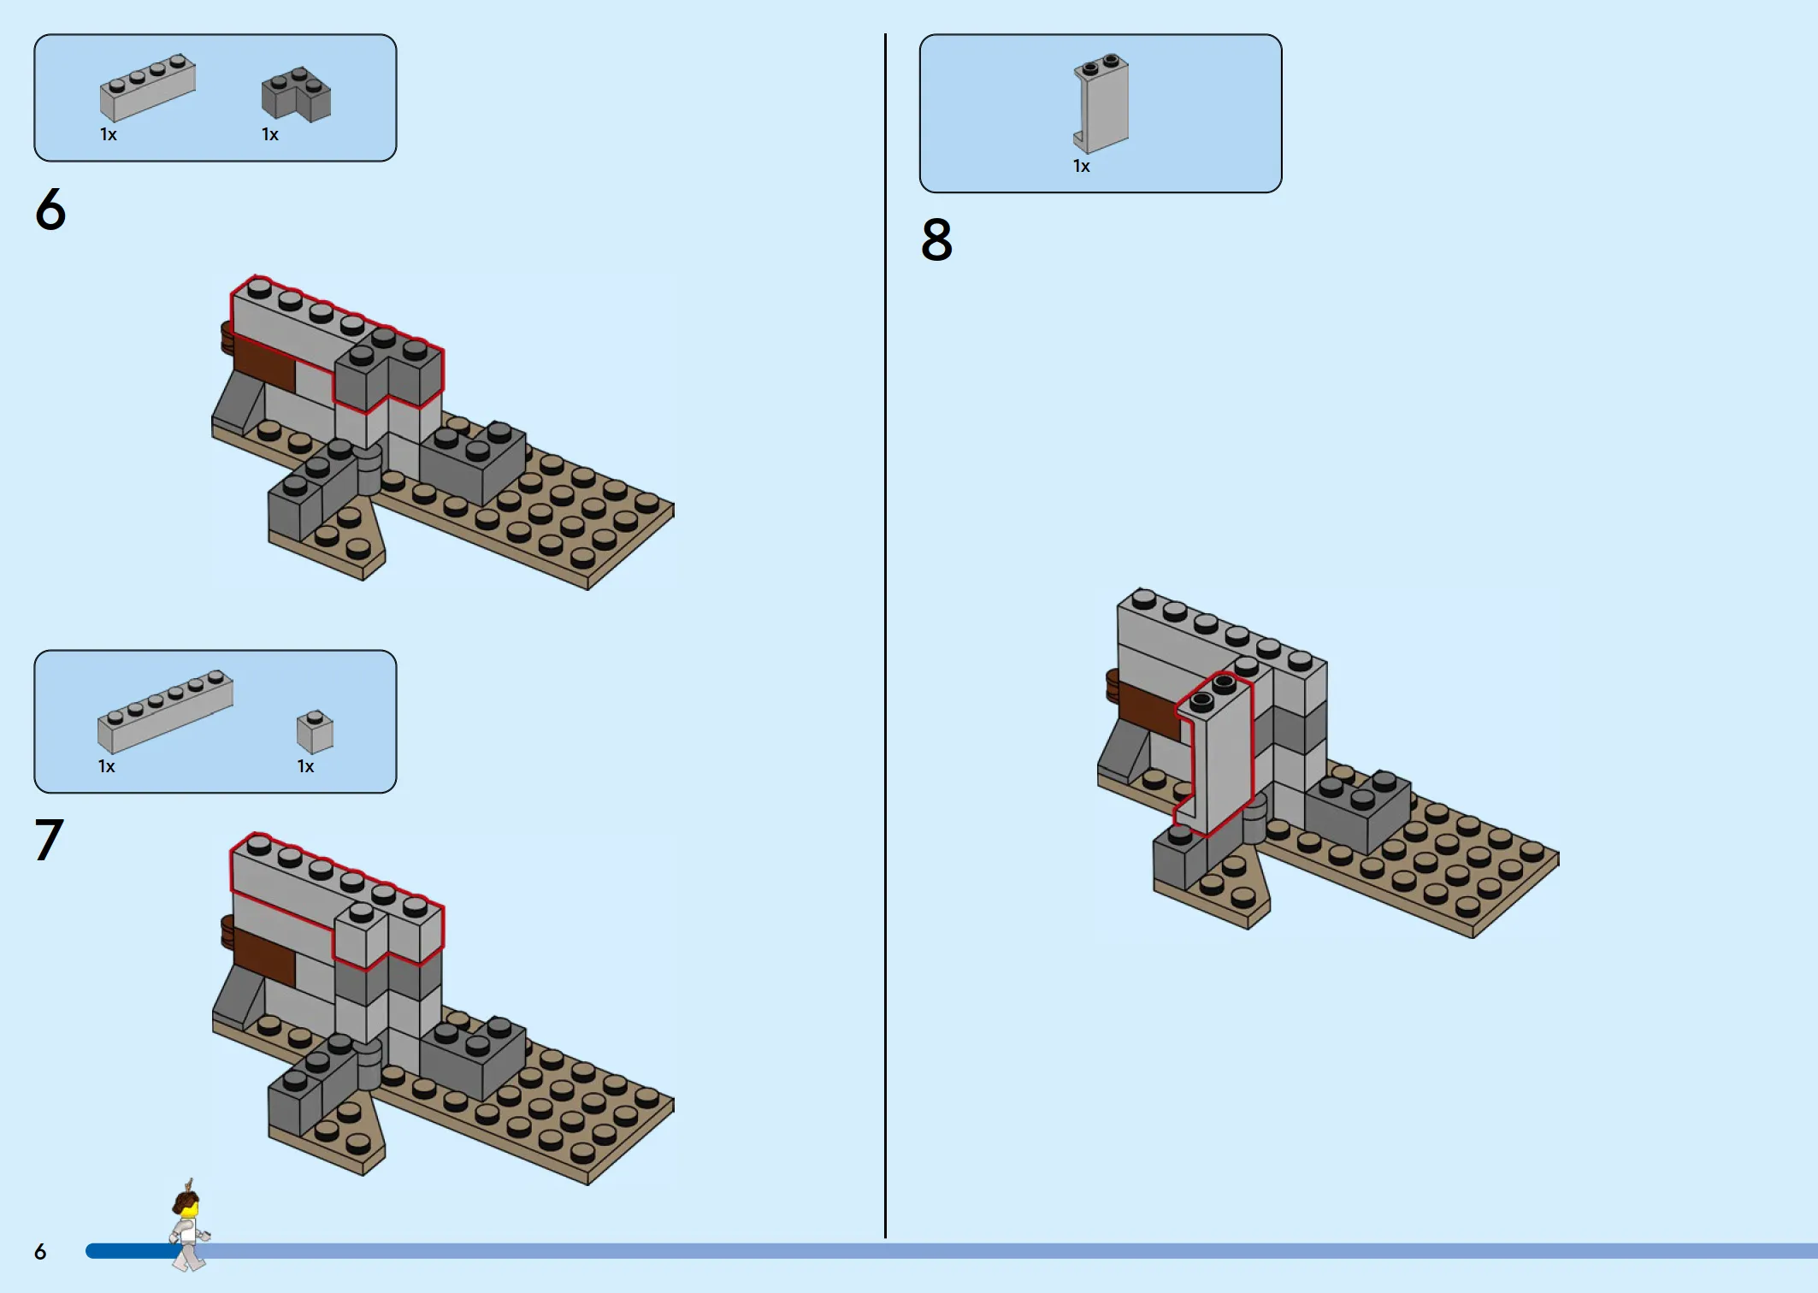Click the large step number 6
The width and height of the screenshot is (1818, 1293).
pos(50,210)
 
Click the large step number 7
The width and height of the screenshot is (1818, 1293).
pos(49,839)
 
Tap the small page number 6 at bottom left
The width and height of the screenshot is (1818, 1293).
pos(40,1252)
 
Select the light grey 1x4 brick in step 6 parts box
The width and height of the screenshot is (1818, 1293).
pos(148,88)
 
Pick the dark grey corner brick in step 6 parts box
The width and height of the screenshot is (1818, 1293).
pos(296,94)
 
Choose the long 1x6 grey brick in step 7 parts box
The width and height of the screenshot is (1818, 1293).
pos(165,711)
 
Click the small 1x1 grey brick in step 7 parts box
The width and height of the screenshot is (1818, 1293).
pos(315,732)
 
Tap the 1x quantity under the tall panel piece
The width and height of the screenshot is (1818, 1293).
pos(1082,166)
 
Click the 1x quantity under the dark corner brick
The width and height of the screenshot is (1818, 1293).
pos(270,134)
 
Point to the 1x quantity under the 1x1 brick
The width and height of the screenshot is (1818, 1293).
pos(305,766)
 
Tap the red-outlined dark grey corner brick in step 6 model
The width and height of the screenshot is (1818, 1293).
pos(389,372)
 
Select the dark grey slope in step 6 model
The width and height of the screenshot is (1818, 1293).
pos(237,403)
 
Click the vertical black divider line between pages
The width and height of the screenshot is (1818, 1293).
pos(885,635)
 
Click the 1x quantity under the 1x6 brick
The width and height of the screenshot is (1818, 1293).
pos(106,766)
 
